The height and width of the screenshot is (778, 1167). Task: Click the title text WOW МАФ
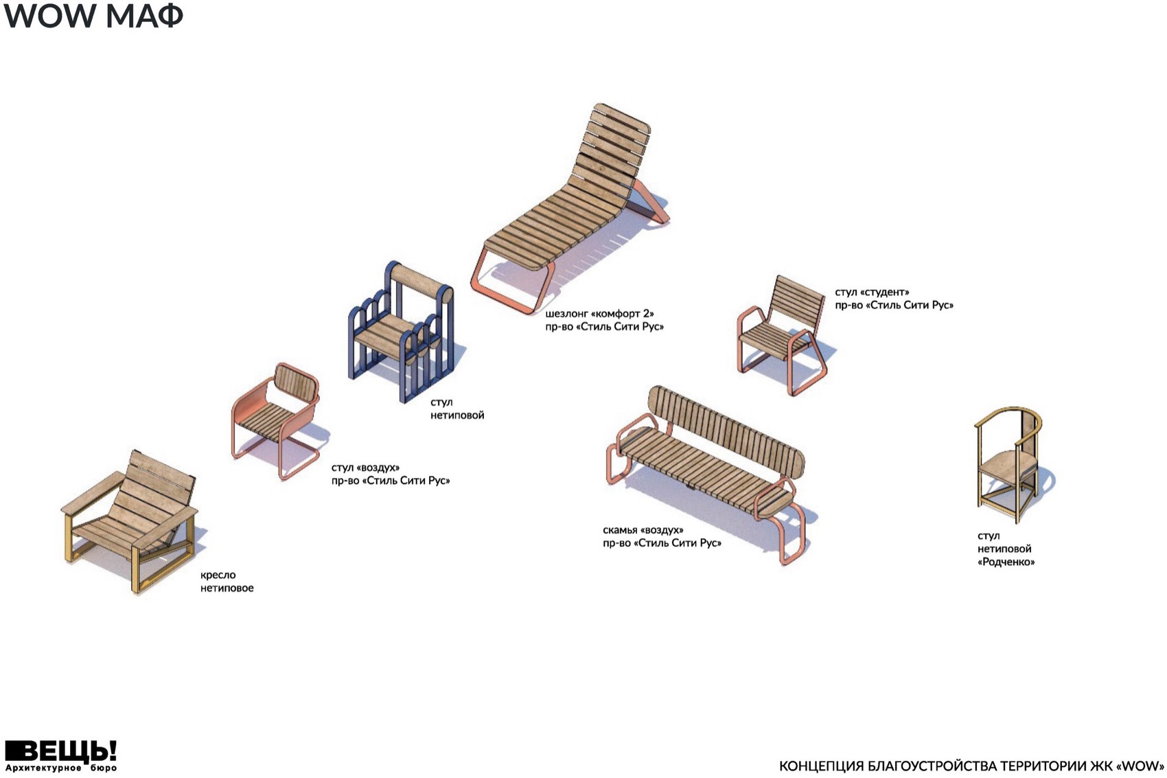point(93,16)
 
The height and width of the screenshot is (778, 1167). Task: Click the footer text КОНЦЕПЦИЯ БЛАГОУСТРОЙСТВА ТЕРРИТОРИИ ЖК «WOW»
point(971,766)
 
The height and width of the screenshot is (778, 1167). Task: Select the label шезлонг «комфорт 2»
point(599,314)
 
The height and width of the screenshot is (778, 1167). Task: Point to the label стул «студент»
point(872,293)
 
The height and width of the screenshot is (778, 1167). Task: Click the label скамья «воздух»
point(643,530)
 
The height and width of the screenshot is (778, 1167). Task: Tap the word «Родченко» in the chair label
point(1006,562)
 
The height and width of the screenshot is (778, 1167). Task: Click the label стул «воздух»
point(365,468)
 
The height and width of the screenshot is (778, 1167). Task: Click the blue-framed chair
point(402,333)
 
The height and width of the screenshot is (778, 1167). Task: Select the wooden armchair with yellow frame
point(130,518)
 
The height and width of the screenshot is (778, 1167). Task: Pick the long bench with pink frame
point(707,467)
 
